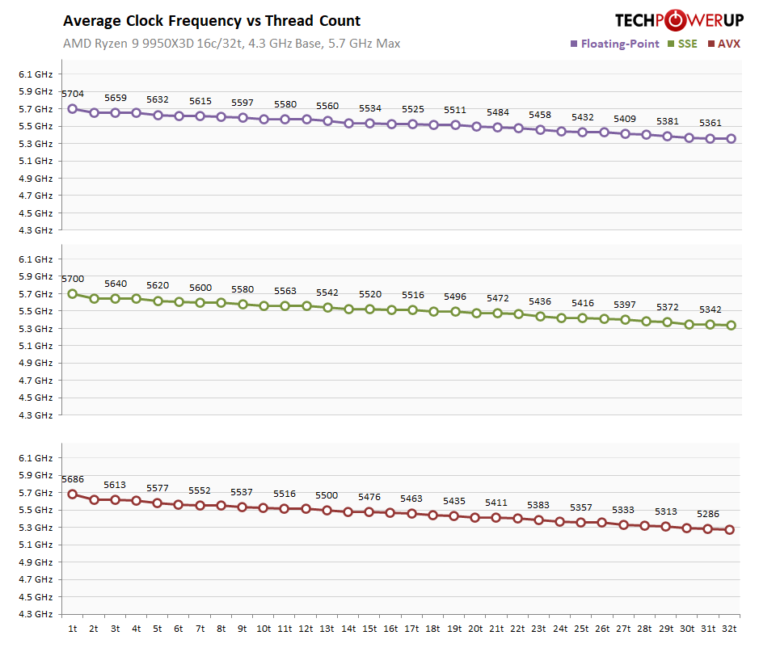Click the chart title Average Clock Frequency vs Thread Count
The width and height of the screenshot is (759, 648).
tap(212, 21)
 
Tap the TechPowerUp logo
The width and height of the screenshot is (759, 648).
tap(677, 19)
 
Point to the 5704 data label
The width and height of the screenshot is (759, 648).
tap(73, 94)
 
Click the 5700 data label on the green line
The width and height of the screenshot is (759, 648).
tap(73, 279)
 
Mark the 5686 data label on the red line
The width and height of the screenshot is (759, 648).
tap(73, 479)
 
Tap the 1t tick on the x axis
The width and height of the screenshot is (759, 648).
tap(73, 629)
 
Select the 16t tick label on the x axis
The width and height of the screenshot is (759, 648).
tap(390, 629)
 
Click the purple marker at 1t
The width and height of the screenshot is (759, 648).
tap(73, 108)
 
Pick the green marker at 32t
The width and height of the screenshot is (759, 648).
tap(731, 326)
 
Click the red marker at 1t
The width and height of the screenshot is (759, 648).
tap(73, 494)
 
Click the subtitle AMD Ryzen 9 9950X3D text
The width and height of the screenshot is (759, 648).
tap(231, 44)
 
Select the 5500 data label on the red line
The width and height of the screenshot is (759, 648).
tap(327, 495)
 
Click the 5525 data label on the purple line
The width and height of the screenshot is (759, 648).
tap(412, 109)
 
